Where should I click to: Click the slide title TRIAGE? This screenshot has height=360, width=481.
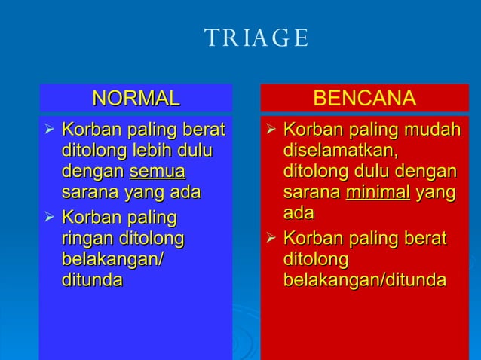tap(256, 38)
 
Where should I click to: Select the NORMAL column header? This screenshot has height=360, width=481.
tap(136, 98)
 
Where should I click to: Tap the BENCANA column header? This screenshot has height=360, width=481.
tap(364, 99)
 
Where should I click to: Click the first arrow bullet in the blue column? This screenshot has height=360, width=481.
tap(50, 131)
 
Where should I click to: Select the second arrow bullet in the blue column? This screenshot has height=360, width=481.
tap(50, 219)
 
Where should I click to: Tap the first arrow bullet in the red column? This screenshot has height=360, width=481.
tap(271, 131)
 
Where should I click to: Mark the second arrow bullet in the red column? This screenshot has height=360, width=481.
tap(271, 240)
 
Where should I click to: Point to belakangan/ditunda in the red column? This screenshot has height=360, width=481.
tap(364, 280)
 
